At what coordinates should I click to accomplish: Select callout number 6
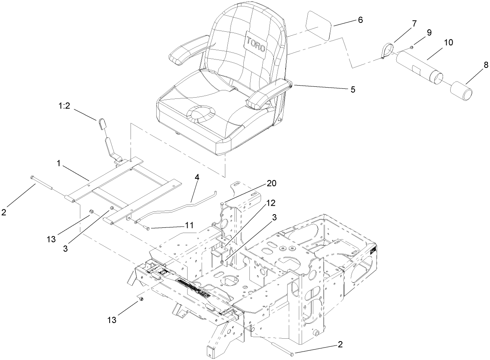(360, 20)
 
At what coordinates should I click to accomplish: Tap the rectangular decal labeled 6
(319, 25)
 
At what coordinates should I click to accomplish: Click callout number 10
(449, 43)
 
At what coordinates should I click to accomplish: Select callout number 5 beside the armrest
(353, 89)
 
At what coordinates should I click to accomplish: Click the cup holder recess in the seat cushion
(200, 113)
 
